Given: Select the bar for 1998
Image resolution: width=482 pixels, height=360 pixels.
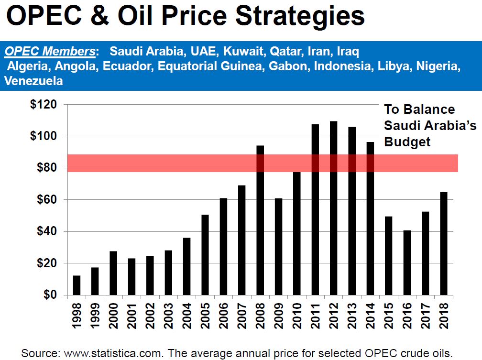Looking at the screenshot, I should tap(77, 285).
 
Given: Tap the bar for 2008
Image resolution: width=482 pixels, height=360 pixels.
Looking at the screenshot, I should tap(260, 220).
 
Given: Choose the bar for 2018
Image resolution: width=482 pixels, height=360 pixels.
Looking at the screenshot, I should tap(443, 243).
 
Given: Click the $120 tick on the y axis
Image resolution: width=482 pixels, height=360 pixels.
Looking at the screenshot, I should tap(44, 104).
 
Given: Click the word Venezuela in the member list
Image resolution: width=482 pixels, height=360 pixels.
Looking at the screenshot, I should tap(33, 81).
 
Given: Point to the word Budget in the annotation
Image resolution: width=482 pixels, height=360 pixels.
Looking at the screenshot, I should tap(407, 142).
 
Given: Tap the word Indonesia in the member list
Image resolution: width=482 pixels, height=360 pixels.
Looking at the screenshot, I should tap(342, 66).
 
